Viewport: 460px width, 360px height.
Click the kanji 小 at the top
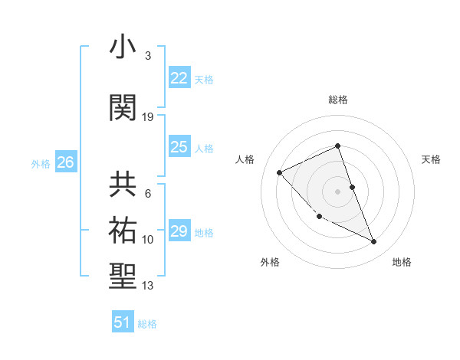point(123,47)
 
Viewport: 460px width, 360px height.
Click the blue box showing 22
point(179,78)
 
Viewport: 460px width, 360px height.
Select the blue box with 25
point(179,147)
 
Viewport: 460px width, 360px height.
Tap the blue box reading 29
point(179,231)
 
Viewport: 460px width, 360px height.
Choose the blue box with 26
point(65,162)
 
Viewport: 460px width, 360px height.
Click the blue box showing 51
point(123,322)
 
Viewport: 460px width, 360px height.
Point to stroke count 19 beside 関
point(148,117)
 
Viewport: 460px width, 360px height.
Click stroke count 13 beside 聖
point(148,286)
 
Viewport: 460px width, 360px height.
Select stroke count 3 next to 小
point(148,56)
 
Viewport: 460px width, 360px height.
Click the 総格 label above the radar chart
point(338,100)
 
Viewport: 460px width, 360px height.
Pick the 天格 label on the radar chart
point(431,159)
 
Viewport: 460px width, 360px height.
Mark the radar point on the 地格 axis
point(374,242)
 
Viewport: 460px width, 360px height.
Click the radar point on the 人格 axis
point(280,172)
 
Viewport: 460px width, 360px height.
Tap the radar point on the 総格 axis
point(338,146)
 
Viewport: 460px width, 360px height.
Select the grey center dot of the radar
point(338,191)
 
